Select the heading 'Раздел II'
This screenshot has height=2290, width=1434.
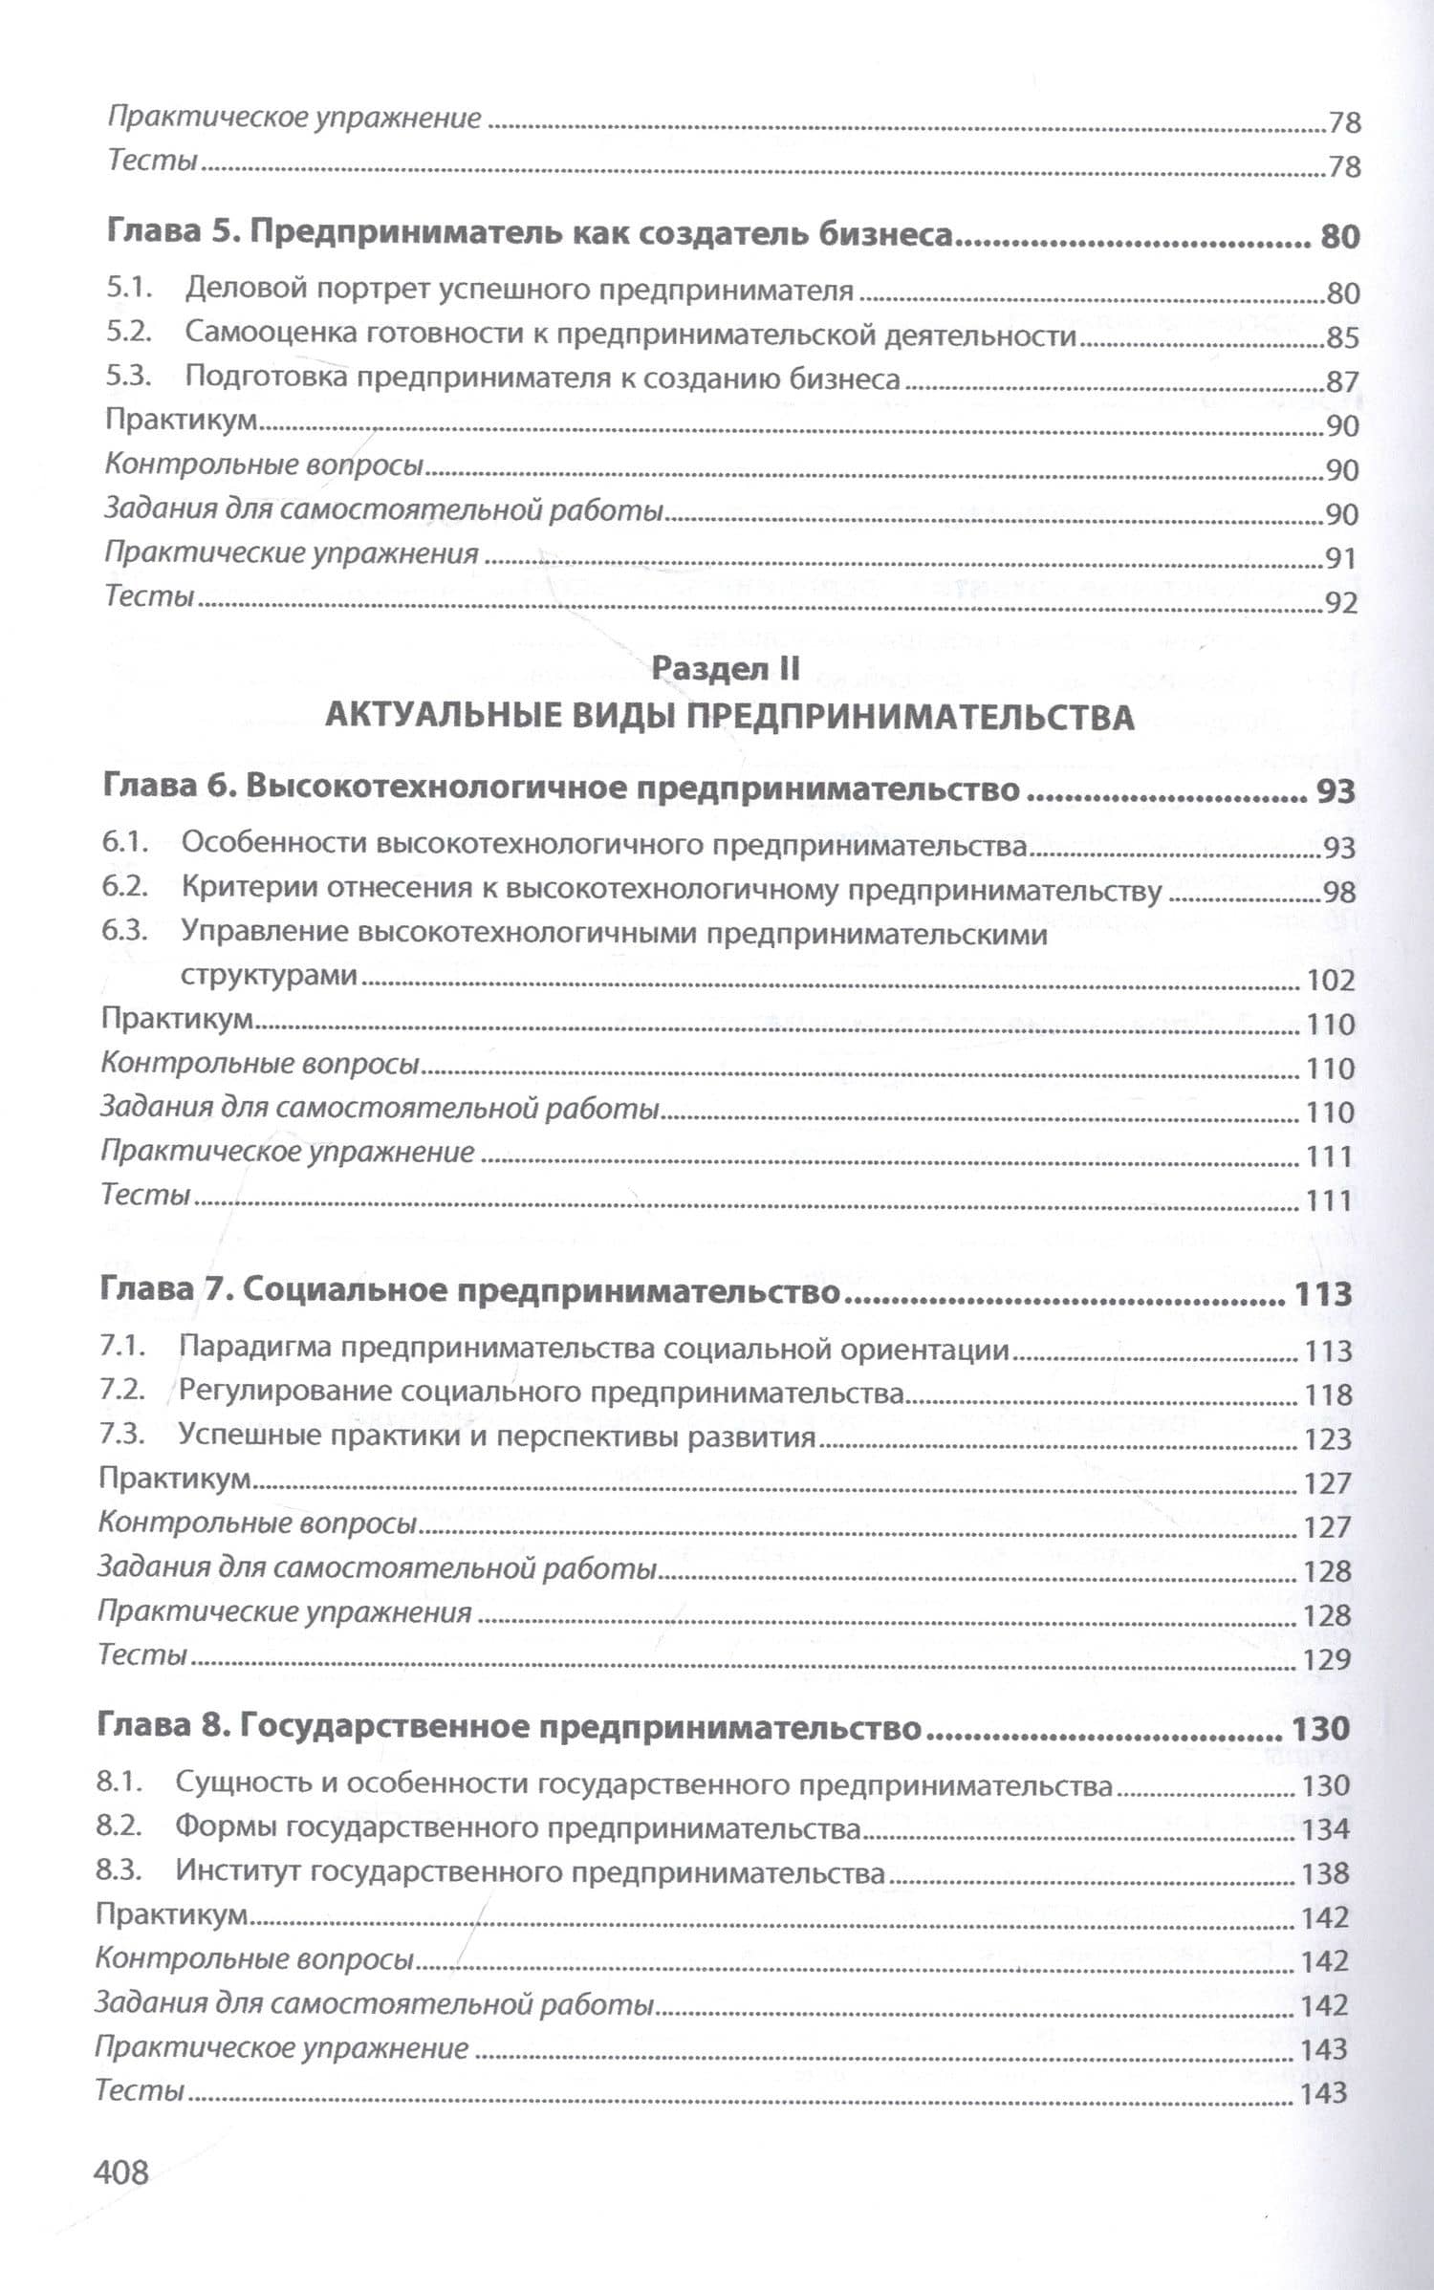pyautogui.click(x=725, y=668)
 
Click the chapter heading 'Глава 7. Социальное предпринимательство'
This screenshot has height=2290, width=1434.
pyautogui.click(x=469, y=1291)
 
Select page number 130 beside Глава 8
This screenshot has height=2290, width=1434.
pyautogui.click(x=1320, y=1727)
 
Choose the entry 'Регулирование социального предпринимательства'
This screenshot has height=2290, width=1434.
pyautogui.click(x=541, y=1393)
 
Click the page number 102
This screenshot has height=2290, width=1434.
pyautogui.click(x=1330, y=981)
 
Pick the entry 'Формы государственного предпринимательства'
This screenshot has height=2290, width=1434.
pyautogui.click(x=517, y=1827)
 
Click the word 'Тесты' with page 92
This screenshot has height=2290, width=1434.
pyautogui.click(x=150, y=596)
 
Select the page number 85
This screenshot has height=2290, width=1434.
pyautogui.click(x=1342, y=337)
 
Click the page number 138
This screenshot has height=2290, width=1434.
pyautogui.click(x=1325, y=1873)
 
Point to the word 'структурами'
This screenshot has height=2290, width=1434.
pyautogui.click(x=270, y=976)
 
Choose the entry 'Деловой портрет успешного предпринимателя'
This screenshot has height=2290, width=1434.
pyautogui.click(x=519, y=289)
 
